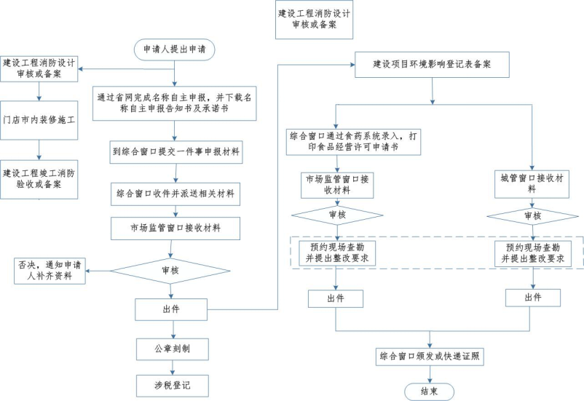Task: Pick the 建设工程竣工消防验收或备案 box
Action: pos(40,178)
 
